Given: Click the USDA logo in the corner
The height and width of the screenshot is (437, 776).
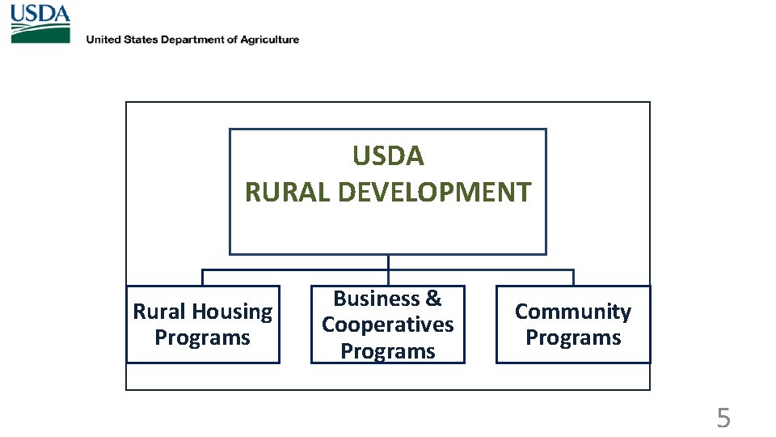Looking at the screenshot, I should [x=40, y=23].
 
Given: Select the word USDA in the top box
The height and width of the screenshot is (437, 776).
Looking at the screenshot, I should [x=388, y=155].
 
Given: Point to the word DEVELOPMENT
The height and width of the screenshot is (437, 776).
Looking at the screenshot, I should [x=434, y=193].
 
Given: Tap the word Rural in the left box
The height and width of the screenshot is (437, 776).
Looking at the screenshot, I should [x=159, y=312].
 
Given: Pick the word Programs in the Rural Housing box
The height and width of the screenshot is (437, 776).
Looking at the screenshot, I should [x=202, y=337].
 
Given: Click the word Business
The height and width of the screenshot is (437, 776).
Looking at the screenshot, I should [x=377, y=299].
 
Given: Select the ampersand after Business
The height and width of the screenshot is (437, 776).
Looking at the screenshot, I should [x=433, y=299].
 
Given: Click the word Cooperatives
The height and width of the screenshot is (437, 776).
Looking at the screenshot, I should [x=388, y=325].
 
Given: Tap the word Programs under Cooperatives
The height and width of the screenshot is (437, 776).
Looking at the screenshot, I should [x=388, y=351].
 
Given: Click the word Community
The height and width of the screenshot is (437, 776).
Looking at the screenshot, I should [x=573, y=312].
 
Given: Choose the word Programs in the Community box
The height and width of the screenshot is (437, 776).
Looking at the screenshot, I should [x=573, y=337].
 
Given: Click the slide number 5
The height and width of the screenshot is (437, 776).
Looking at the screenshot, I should [x=723, y=418].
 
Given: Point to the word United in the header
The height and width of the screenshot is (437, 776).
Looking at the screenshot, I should [x=103, y=40].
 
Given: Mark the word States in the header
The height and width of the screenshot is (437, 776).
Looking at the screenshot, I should [x=141, y=40].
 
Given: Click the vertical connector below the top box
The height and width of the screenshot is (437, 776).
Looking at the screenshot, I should [x=388, y=262].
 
